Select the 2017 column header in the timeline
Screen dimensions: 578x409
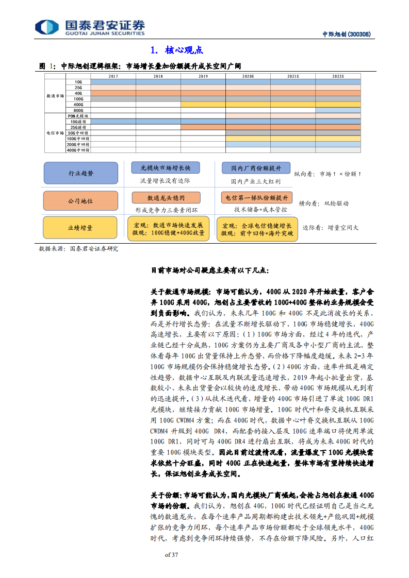click(113, 76)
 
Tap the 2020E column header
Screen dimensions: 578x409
click(248, 76)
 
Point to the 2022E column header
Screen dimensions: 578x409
click(338, 76)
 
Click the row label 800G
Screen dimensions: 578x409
click(78, 110)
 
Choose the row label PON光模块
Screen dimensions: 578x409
click(78, 116)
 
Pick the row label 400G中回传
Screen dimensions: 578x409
click(78, 150)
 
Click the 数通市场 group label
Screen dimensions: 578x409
click(55, 96)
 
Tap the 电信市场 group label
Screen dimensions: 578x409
click(55, 133)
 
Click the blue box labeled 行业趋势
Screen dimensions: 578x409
click(81, 174)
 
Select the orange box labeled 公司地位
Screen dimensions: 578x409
click(81, 201)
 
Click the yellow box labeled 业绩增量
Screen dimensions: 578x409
click(81, 227)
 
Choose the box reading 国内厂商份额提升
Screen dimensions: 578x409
click(256, 168)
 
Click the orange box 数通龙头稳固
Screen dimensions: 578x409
click(166, 197)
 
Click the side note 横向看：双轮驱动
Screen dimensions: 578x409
click(324, 203)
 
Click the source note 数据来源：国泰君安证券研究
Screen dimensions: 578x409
click(78, 248)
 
